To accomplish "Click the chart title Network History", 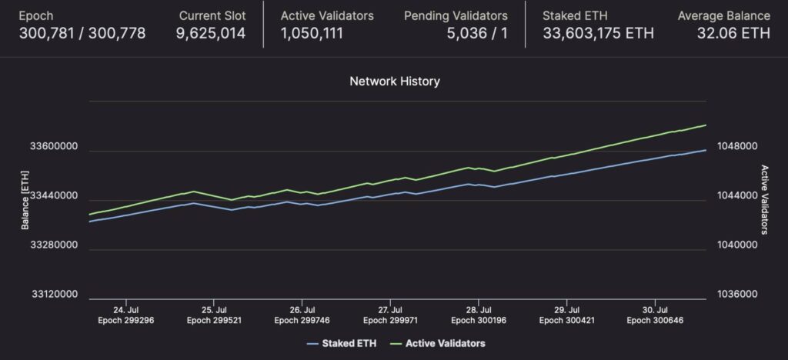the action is coord(395,82).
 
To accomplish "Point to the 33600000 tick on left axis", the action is coord(54,147).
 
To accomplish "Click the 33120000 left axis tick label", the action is coord(54,294).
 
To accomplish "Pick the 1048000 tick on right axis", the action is coord(736,147).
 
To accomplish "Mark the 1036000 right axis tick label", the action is coord(736,294).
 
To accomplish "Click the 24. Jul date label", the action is coord(125,310).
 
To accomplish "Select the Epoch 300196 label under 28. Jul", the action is coord(479,320).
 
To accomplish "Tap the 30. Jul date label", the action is coord(655,310).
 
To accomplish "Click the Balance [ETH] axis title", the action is coord(25,200).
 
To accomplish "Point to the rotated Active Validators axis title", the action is coord(764,200).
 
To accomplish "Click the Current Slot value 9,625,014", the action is coord(211,34).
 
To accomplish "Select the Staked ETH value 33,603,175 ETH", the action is coord(598,34).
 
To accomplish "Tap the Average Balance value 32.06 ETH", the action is coord(733,34).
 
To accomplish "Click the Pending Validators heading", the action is coord(456,16).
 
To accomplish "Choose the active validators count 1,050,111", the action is coord(312,34).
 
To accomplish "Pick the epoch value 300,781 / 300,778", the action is coord(82,34).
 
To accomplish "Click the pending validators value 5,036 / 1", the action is coord(477,34).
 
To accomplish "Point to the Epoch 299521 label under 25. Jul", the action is coord(214,320).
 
